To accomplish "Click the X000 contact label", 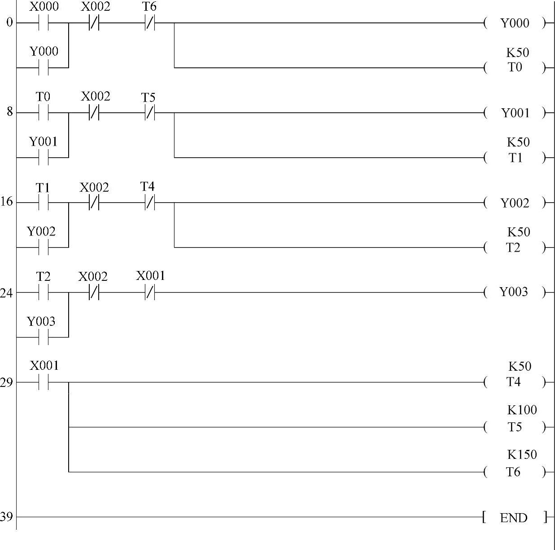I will point(44,7).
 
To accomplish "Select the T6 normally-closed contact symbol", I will point(149,23).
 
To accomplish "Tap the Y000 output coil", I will point(515,23).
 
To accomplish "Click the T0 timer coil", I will point(515,68).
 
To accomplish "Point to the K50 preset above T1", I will point(518,142).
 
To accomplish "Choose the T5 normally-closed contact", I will point(149,113).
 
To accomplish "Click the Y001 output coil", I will point(515,113).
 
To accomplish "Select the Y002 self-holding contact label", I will point(41,231).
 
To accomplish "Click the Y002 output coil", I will point(515,203).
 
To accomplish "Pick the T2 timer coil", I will point(514,248).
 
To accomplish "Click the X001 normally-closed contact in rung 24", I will point(149,293).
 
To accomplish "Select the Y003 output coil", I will point(514,293).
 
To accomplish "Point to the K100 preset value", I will point(522,410).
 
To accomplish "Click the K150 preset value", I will point(522,455).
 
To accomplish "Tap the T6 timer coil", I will point(514,472).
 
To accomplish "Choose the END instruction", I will point(514,518).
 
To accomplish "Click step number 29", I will point(6,382).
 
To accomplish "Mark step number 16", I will point(6,202).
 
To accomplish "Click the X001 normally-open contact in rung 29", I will point(44,382).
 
